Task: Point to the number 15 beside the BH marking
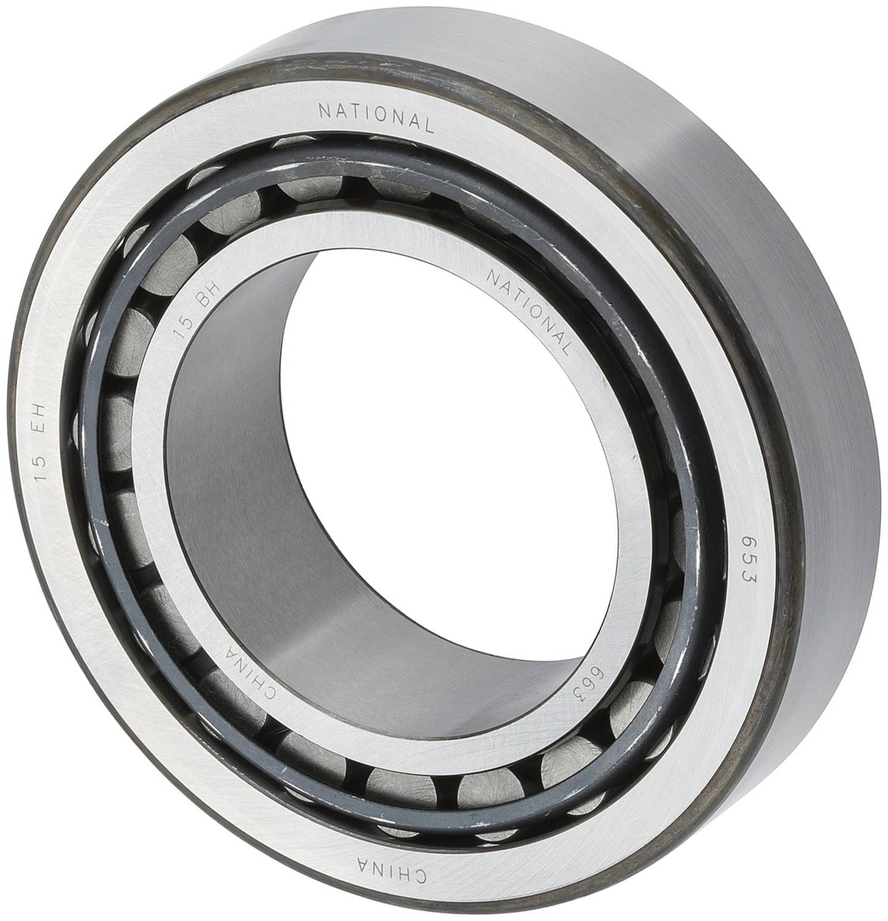(180, 335)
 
